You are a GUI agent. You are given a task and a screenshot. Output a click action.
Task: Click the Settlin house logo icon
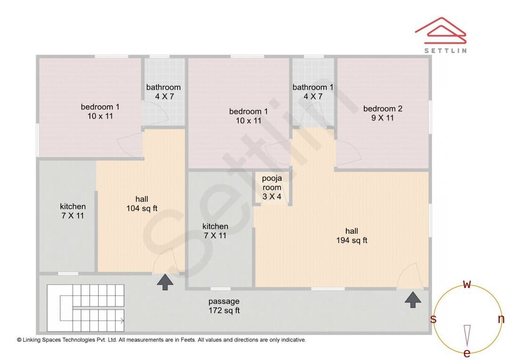(441, 31)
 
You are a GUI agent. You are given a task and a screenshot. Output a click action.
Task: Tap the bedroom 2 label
(383, 113)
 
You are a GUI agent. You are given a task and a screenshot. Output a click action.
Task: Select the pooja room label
(272, 188)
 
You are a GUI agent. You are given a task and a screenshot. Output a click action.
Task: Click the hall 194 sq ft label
(352, 236)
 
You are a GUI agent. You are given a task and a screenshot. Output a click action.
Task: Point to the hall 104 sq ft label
(142, 204)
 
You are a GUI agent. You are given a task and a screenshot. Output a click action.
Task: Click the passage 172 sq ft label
(224, 306)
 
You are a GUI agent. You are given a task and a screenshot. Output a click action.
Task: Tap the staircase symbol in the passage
(86, 308)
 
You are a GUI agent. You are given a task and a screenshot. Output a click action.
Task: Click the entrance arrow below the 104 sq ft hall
(165, 282)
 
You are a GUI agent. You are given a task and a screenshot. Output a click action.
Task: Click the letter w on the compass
(467, 284)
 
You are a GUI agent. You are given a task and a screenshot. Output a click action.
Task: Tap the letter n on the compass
(501, 319)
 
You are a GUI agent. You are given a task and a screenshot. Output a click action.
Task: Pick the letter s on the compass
(433, 319)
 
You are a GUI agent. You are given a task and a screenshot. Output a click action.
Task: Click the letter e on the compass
(467, 353)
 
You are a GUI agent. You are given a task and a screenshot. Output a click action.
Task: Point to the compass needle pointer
(467, 335)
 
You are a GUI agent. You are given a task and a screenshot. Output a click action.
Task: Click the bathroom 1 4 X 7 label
(313, 92)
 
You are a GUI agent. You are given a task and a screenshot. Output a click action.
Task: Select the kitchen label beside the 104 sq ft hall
(73, 211)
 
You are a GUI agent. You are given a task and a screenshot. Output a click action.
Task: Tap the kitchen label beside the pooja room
(215, 231)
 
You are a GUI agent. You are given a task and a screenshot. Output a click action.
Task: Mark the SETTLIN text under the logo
(446, 50)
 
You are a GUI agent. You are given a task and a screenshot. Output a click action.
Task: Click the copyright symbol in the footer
(19, 340)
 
